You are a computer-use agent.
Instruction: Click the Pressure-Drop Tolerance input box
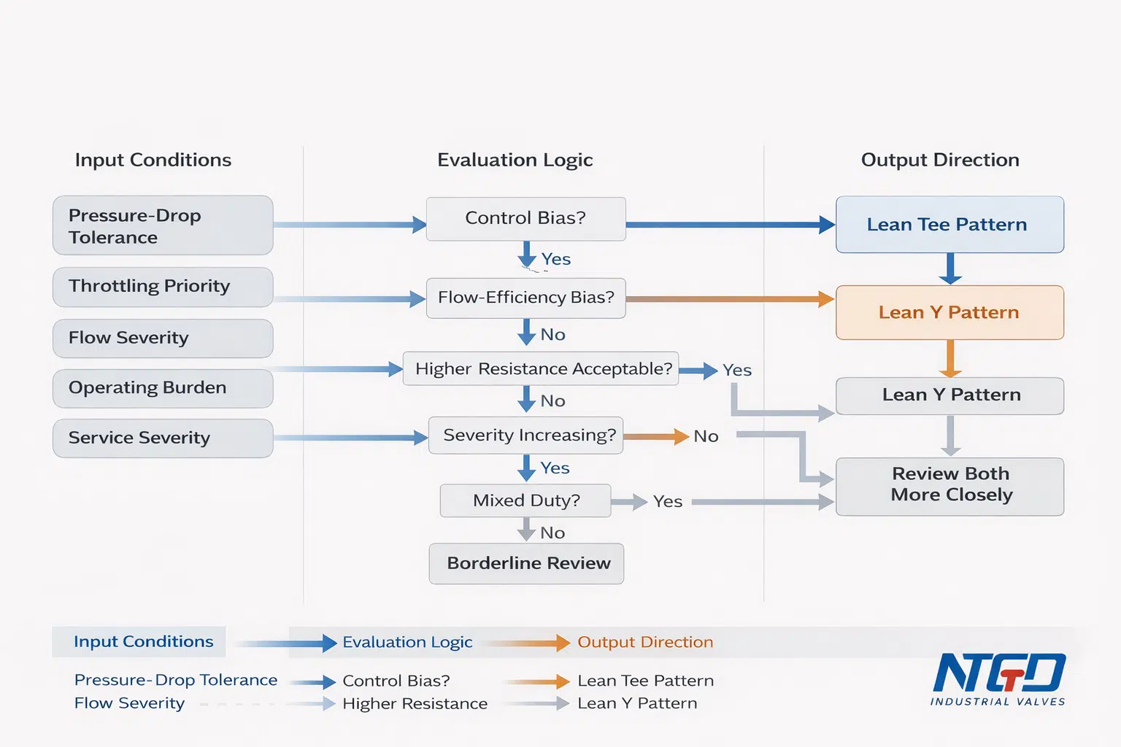pyautogui.click(x=163, y=225)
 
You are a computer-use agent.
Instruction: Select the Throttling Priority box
pyautogui.click(x=163, y=287)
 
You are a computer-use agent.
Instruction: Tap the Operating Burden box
pyautogui.click(x=163, y=388)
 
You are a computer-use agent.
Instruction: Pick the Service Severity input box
pyautogui.click(x=163, y=438)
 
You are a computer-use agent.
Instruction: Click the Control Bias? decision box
pyautogui.click(x=526, y=219)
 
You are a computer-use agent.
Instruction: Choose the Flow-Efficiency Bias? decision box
pyautogui.click(x=526, y=298)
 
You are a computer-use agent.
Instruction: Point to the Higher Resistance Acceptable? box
pyautogui.click(x=541, y=368)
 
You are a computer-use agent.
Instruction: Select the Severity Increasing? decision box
pyautogui.click(x=526, y=436)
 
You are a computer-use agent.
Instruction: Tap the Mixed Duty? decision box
pyautogui.click(x=525, y=500)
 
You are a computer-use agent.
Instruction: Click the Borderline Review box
pyautogui.click(x=526, y=563)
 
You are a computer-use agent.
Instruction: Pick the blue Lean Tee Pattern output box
pyautogui.click(x=949, y=225)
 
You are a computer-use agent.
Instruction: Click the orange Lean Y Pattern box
pyautogui.click(x=949, y=313)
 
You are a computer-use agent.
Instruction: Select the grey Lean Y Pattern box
pyautogui.click(x=949, y=396)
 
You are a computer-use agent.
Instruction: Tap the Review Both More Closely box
pyautogui.click(x=949, y=487)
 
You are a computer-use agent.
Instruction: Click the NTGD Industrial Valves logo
pyautogui.click(x=998, y=679)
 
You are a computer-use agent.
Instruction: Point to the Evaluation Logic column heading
pyautogui.click(x=515, y=160)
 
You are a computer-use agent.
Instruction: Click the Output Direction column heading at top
pyautogui.click(x=940, y=160)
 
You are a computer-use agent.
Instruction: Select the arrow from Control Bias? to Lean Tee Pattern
pyautogui.click(x=731, y=225)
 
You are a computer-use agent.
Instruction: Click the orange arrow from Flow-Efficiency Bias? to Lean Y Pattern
pyautogui.click(x=731, y=299)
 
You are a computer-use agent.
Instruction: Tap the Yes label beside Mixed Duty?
pyautogui.click(x=668, y=501)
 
